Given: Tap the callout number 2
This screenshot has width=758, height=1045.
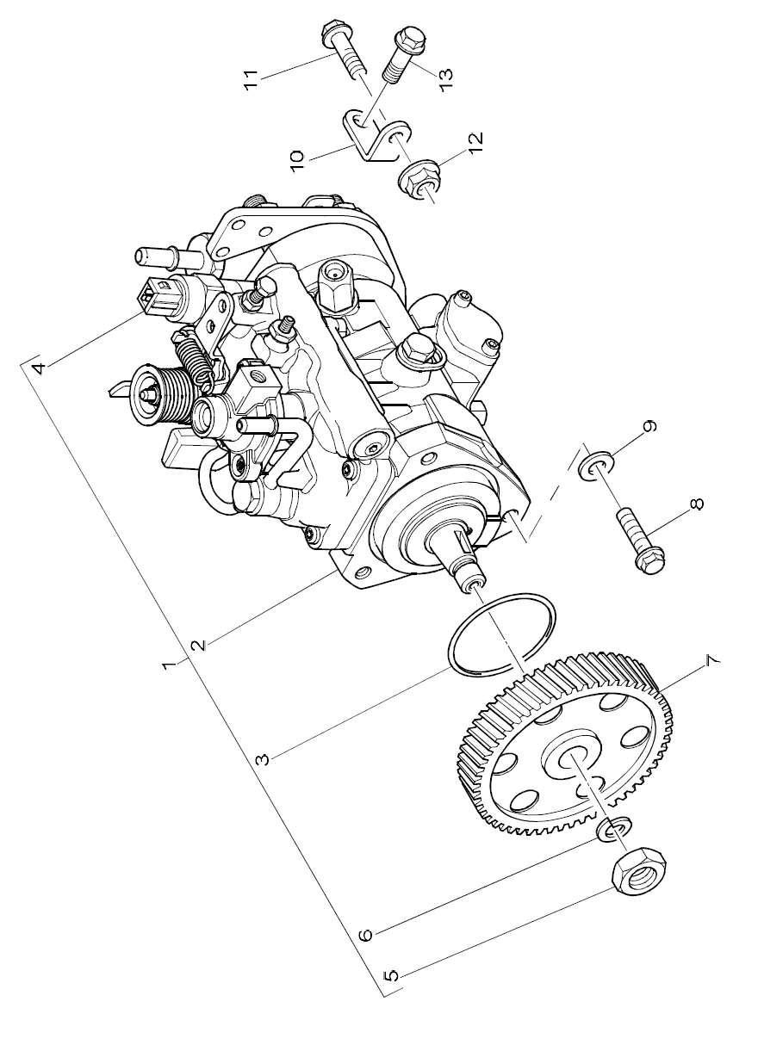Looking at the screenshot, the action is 199,645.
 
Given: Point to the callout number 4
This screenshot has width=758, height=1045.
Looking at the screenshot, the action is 40,368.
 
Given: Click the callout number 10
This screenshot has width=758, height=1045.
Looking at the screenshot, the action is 297,162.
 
